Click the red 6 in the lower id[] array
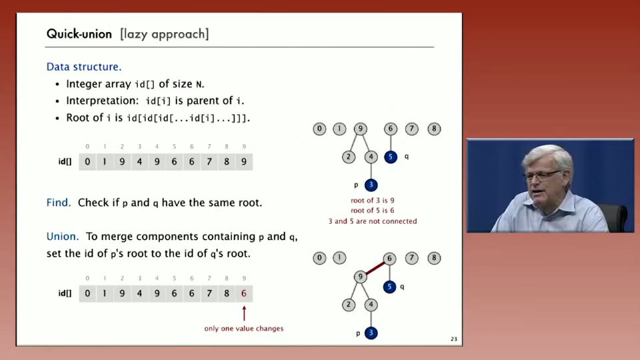(x=244, y=293)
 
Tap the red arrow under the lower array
(x=244, y=313)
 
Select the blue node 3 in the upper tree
(x=371, y=185)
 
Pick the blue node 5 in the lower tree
(x=389, y=287)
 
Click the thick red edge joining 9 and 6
(x=375, y=268)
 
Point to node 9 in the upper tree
(x=361, y=129)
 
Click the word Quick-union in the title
(x=79, y=34)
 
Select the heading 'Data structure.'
(x=84, y=67)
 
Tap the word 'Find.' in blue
(x=59, y=203)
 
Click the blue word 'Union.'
(x=63, y=236)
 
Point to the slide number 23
(x=454, y=339)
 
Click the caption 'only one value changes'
(x=244, y=328)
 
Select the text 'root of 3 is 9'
(x=372, y=201)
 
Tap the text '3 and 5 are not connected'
(x=373, y=221)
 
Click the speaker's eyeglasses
(x=542, y=175)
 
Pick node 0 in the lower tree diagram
(x=319, y=258)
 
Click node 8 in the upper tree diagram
(x=434, y=129)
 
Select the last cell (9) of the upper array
(x=244, y=161)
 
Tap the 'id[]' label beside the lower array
(x=65, y=293)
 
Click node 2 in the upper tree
(x=349, y=157)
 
